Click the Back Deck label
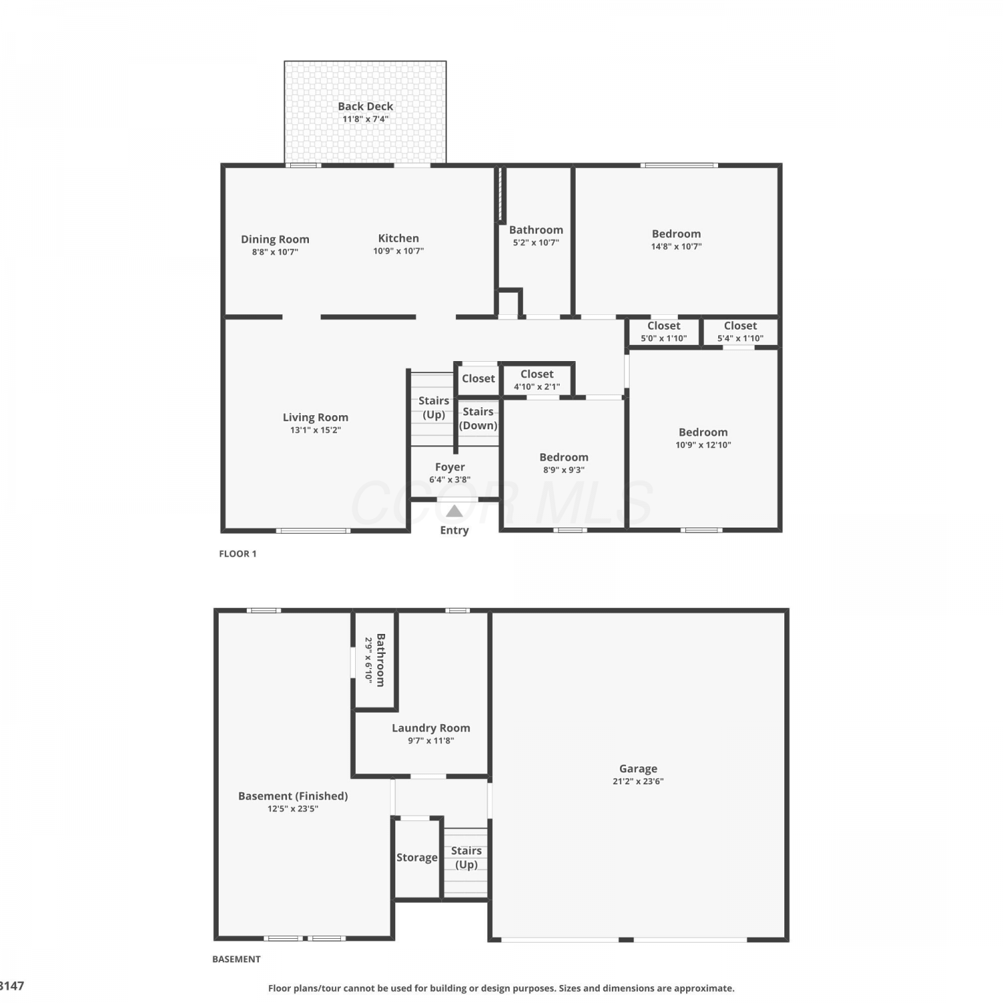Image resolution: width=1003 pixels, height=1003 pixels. click(365, 106)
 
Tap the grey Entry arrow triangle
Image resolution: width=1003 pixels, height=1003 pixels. click(455, 512)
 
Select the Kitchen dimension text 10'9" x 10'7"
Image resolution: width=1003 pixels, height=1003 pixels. click(399, 251)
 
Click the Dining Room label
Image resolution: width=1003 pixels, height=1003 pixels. click(275, 239)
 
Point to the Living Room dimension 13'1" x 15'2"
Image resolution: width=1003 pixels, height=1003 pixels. click(316, 430)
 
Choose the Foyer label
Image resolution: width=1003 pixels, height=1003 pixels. click(450, 467)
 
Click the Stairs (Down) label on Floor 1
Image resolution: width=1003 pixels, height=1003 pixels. click(478, 419)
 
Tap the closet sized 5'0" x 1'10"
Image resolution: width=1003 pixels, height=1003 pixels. click(664, 332)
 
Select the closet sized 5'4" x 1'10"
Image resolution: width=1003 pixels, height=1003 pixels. click(741, 332)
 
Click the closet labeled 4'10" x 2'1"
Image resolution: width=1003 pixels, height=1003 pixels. click(537, 380)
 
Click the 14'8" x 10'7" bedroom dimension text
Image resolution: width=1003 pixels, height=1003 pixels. click(677, 247)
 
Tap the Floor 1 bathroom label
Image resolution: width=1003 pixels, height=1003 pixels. click(536, 230)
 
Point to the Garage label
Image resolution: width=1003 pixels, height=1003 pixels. click(638, 769)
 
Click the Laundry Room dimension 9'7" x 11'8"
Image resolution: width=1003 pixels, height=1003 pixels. click(431, 741)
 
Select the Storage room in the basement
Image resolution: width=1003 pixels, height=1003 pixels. click(417, 858)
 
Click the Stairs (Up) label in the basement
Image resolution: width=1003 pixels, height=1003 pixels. click(466, 858)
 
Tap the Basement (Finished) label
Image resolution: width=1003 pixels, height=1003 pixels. click(293, 796)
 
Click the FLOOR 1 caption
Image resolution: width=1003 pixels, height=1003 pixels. click(238, 554)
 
